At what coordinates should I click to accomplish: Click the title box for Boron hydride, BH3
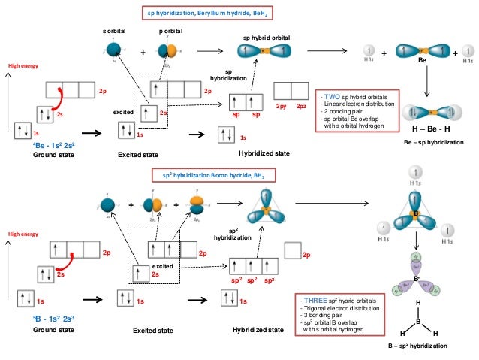tap(209, 175)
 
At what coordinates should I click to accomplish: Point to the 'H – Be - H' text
tap(426, 129)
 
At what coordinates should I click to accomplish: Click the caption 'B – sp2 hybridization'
tap(417, 346)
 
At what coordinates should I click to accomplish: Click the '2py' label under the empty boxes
tap(282, 107)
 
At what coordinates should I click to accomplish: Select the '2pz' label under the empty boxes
tap(301, 107)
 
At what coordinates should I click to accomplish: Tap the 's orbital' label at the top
tap(115, 31)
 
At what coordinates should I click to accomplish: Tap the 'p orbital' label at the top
tap(170, 31)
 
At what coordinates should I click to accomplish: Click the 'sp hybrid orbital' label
tap(266, 37)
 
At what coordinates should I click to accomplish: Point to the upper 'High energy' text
tap(23, 66)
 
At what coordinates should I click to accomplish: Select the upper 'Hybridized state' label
tap(264, 153)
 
